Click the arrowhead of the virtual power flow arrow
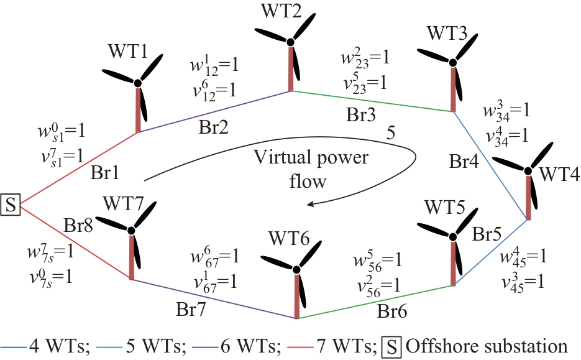pyautogui.click(x=316, y=203)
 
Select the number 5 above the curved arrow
pyautogui.click(x=390, y=132)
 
